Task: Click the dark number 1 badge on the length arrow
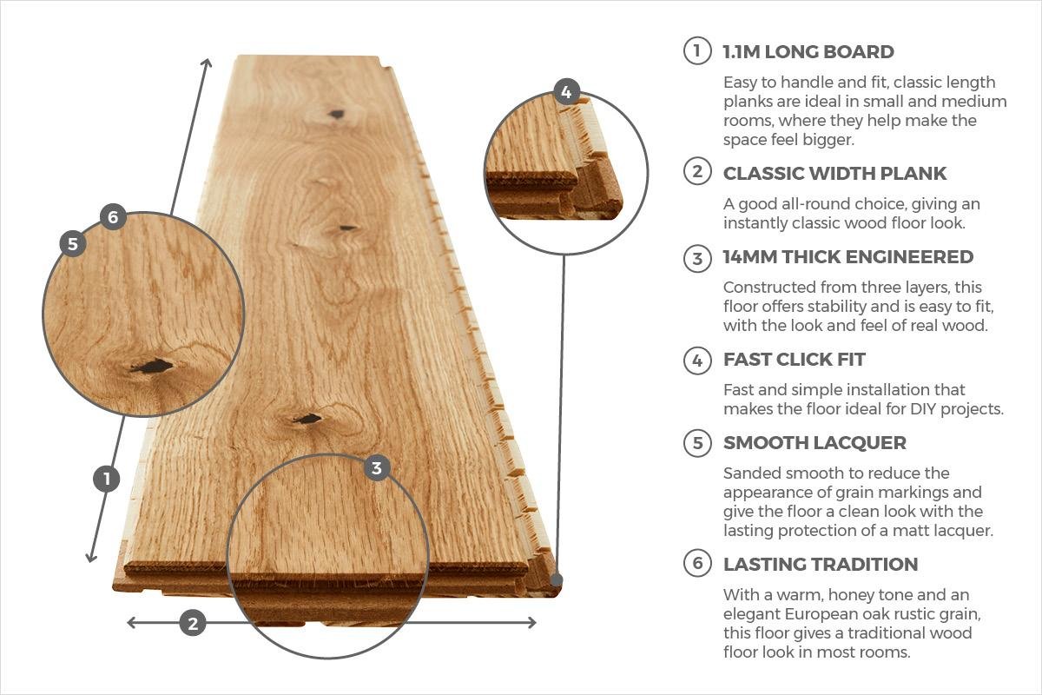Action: (x=106, y=479)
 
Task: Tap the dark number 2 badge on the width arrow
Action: (x=192, y=622)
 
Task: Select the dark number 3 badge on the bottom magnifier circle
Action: (x=376, y=469)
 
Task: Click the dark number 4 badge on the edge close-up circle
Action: (x=566, y=92)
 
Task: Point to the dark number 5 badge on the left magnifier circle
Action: (x=72, y=244)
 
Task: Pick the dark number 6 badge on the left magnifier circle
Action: (x=113, y=216)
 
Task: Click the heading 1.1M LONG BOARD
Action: (x=808, y=52)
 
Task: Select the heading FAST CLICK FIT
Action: (x=794, y=360)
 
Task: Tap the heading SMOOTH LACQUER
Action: (x=814, y=443)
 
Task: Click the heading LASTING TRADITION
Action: (x=820, y=565)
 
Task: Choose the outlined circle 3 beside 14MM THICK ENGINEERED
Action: (x=697, y=258)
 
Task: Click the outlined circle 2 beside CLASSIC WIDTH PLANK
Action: (x=697, y=172)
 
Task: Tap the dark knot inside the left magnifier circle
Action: (x=153, y=367)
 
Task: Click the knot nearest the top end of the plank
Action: (x=336, y=114)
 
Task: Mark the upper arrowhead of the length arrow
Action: (x=207, y=63)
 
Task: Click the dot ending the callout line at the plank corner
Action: (x=556, y=579)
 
